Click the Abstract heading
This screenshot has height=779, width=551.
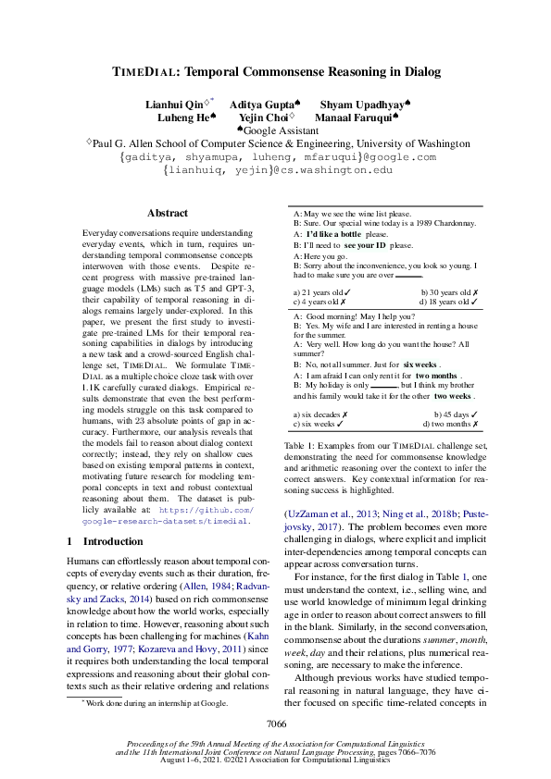click(x=167, y=213)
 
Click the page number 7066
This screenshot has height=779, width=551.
click(x=276, y=724)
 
